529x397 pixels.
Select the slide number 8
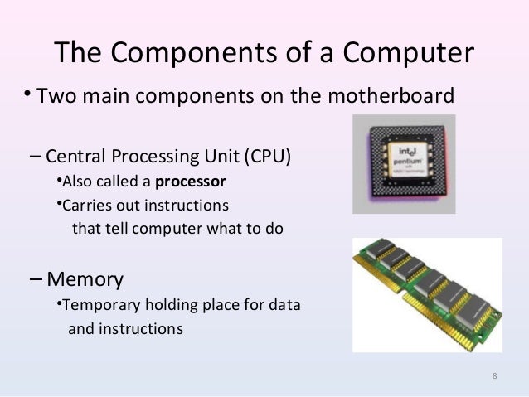tap(495, 378)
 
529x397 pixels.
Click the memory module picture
tap(426, 293)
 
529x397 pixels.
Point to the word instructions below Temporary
tap(140, 328)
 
